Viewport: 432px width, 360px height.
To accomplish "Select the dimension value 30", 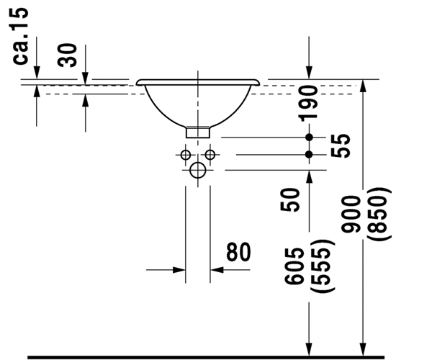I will click(68, 55).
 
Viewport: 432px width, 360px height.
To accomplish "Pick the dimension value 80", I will click(238, 252).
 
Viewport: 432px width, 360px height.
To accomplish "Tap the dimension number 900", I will click(356, 217).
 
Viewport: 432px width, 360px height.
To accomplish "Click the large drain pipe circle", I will click(198, 171).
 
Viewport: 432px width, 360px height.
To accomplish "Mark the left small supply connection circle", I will click(186, 155).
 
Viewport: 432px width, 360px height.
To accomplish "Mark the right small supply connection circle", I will click(210, 155).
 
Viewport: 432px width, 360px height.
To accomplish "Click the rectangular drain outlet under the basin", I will click(198, 132).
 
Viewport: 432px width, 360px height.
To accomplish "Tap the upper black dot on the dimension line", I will click(309, 137).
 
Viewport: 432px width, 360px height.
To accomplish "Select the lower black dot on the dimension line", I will click(309, 154).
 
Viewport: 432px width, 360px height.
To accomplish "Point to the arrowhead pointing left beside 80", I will click(215, 270).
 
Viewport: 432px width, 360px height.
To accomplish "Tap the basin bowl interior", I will click(198, 101).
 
